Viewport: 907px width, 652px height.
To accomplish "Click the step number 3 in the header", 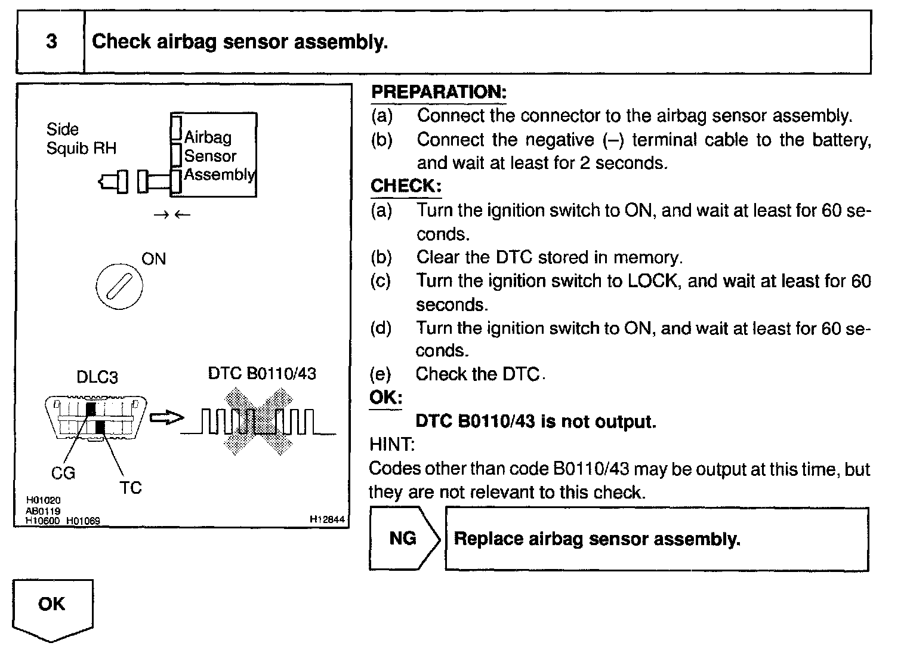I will [x=51, y=42].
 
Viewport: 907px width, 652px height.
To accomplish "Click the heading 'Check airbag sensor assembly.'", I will [x=240, y=42].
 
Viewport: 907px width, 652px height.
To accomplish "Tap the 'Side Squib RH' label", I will [x=81, y=139].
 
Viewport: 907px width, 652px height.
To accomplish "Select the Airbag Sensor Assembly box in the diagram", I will [x=214, y=155].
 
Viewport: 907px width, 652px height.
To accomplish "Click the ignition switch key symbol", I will [x=119, y=288].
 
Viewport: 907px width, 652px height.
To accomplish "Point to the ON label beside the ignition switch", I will [x=153, y=259].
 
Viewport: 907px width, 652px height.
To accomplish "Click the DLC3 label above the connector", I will [x=97, y=377].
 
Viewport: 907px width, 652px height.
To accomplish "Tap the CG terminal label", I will [x=63, y=473].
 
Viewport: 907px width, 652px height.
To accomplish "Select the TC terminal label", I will [x=130, y=488].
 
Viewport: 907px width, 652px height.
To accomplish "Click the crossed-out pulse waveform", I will [x=258, y=421].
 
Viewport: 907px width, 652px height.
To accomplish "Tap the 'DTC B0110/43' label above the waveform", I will [x=262, y=374].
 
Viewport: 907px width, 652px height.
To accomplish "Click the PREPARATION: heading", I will [x=439, y=92].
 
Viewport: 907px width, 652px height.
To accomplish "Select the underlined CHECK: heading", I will [x=406, y=186].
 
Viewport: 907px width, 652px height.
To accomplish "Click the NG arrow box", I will [x=403, y=539].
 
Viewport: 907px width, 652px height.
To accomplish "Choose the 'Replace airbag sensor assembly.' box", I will [x=656, y=539].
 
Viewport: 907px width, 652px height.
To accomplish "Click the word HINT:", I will [x=391, y=445].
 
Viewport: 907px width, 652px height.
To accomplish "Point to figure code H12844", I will [x=327, y=519].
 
